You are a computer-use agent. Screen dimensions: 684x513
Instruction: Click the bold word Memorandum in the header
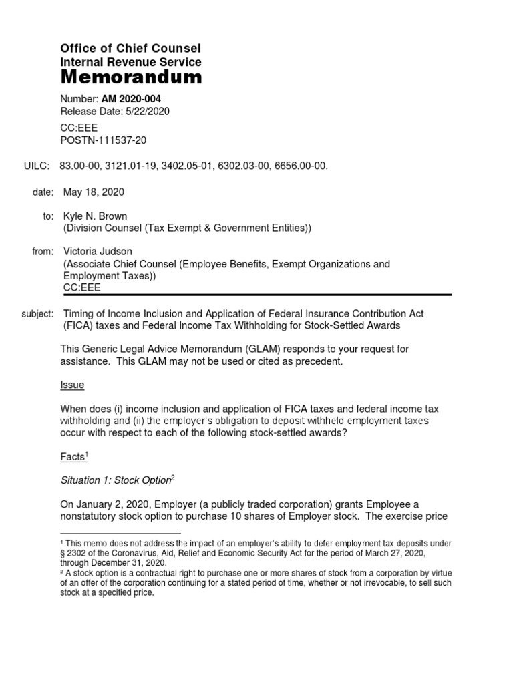click(x=131, y=78)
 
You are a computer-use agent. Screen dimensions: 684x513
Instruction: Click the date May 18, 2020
click(x=94, y=192)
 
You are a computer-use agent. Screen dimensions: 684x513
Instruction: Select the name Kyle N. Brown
click(x=96, y=217)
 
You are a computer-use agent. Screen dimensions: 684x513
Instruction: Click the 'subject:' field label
click(x=38, y=313)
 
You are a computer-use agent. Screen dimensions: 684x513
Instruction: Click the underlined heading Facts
click(x=72, y=457)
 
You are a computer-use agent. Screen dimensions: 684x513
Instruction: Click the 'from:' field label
click(x=43, y=252)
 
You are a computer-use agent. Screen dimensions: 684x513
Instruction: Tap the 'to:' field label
click(x=47, y=217)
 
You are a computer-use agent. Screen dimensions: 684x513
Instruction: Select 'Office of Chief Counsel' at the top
click(x=130, y=49)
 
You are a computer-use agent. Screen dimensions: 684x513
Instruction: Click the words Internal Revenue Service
click(x=131, y=62)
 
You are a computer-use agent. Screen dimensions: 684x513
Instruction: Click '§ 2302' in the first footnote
click(x=73, y=554)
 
